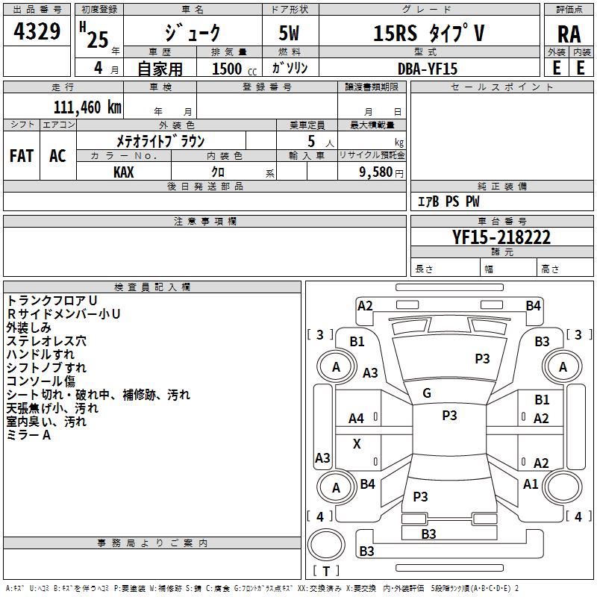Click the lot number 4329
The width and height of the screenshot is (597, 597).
tap(37, 32)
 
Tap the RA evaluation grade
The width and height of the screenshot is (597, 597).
tap(569, 34)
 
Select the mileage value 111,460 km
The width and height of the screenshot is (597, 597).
tap(87, 107)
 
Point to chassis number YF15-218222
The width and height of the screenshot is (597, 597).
tap(501, 237)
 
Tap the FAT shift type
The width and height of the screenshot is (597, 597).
tap(22, 156)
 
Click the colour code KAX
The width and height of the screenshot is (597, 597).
tap(124, 172)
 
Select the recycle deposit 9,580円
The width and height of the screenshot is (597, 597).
tap(381, 172)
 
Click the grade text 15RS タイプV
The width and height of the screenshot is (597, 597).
tap(428, 34)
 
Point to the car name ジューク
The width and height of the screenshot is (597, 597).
tap(193, 34)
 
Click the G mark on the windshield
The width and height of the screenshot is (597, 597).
tap(427, 393)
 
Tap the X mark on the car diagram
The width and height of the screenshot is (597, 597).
tap(357, 444)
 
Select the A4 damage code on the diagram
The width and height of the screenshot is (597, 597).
tap(357, 419)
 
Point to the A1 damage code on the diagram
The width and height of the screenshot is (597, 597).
tap(531, 484)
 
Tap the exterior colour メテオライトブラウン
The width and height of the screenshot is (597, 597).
tap(160, 140)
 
